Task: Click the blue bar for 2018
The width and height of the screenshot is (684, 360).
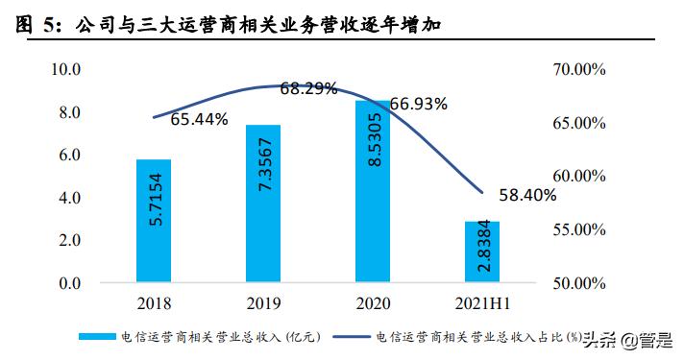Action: (153, 221)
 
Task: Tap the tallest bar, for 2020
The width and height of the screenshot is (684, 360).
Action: (373, 191)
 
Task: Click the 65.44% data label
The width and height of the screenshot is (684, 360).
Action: (199, 120)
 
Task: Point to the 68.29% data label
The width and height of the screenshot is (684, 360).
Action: (308, 89)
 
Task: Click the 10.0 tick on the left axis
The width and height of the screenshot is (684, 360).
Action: (66, 70)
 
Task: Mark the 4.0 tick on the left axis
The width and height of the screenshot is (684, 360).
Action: (70, 198)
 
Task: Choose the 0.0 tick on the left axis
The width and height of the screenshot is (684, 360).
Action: (70, 283)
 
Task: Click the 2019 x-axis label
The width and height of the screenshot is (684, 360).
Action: (262, 304)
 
